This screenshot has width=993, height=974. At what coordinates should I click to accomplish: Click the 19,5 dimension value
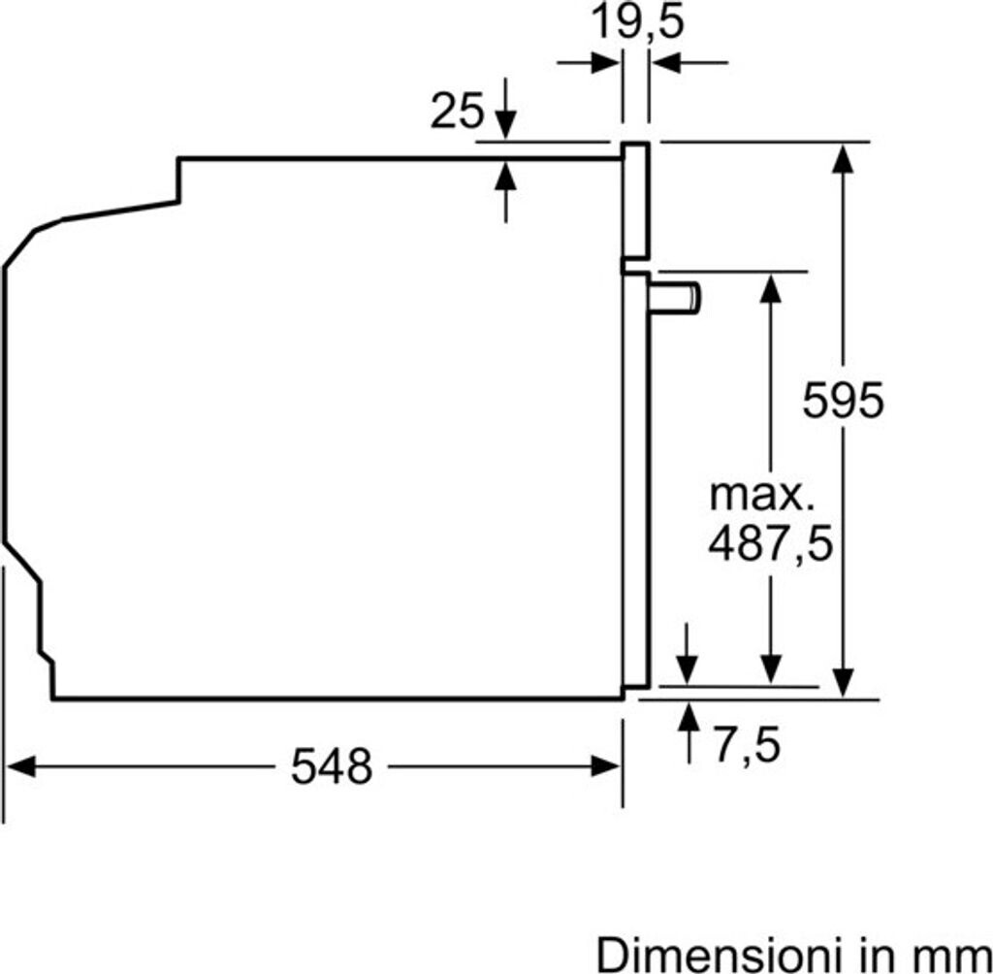point(637,23)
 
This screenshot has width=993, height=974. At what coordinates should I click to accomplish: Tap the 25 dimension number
point(457,111)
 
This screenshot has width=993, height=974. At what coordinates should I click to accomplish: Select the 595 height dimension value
point(843,400)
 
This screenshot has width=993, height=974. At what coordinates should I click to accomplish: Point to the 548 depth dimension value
point(332,766)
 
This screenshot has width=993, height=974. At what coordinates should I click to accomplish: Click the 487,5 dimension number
point(770,544)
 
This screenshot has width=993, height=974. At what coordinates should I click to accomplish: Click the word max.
point(762,496)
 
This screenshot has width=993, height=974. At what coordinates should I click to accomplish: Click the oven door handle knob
point(675,298)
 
